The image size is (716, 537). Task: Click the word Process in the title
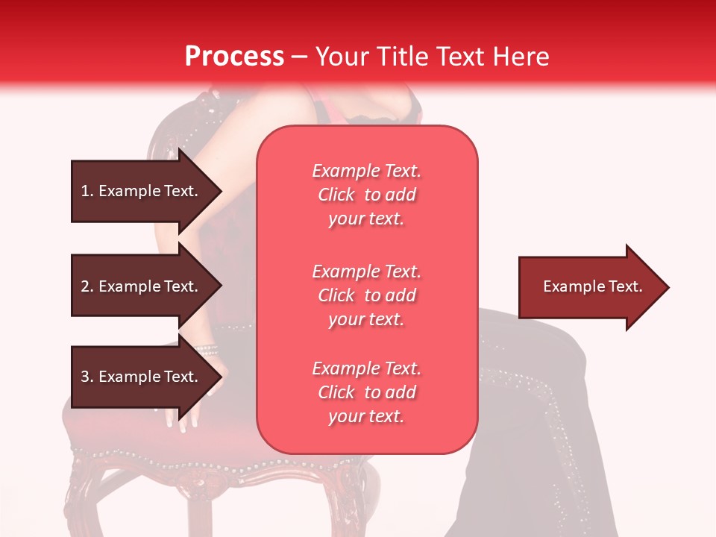coord(234,56)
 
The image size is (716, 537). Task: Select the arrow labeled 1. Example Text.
coord(139,191)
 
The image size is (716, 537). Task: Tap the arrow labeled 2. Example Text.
coord(139,286)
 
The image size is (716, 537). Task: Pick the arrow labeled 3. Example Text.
coord(139,377)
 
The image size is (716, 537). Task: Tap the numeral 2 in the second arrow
coord(85,286)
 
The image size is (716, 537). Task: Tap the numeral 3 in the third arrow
coord(85,377)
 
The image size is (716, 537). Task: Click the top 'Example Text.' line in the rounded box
coord(366,171)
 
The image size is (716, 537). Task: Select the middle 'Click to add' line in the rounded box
coord(366,295)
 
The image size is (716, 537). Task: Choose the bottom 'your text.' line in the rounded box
coord(366,417)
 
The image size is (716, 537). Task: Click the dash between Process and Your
coord(299,57)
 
